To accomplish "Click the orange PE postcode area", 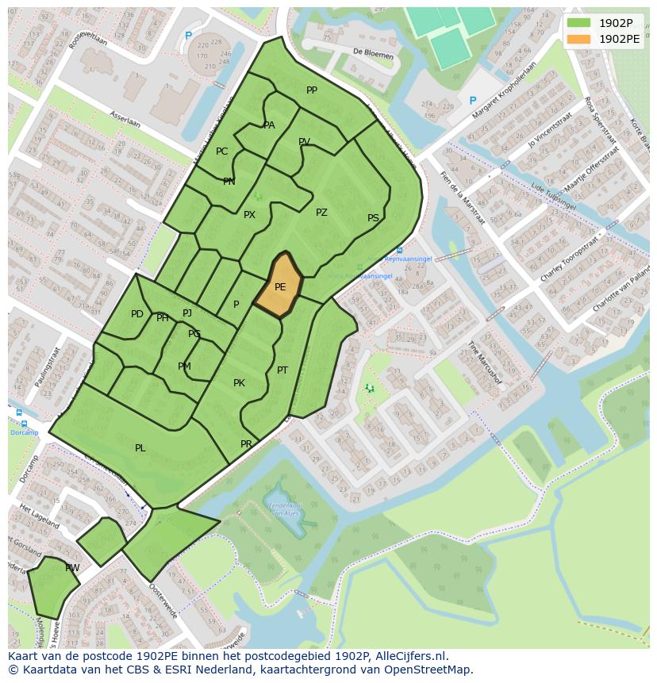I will tap(280, 286).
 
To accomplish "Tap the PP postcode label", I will tap(312, 90).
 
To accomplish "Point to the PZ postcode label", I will tap(321, 212).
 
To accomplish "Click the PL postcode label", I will tap(140, 448).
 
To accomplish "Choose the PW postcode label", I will tap(72, 567).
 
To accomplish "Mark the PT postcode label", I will tap(282, 370).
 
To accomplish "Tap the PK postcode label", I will tap(239, 383).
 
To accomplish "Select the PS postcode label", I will tap(373, 218).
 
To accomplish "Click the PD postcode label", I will tap(137, 314).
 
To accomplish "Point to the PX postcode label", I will tap(249, 215).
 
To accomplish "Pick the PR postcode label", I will tap(246, 444).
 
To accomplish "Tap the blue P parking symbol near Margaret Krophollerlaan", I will tap(473, 101).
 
